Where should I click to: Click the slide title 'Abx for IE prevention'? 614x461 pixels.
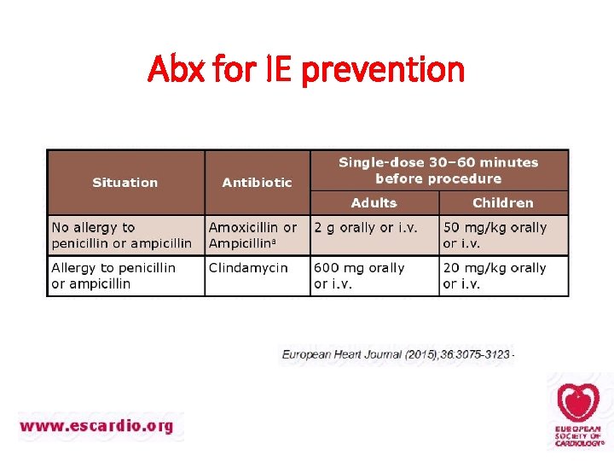(306, 68)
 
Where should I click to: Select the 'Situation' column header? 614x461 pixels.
(125, 182)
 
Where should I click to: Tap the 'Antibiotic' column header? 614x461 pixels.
(257, 182)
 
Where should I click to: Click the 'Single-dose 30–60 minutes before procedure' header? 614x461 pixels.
(438, 170)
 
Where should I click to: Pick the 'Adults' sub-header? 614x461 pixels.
(374, 202)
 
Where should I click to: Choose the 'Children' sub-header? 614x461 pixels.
(503, 202)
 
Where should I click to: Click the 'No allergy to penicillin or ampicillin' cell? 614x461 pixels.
(122, 235)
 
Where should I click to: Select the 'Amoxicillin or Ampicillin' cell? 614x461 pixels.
(253, 235)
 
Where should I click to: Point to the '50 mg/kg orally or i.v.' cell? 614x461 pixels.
(495, 235)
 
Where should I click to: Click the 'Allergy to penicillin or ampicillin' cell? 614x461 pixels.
(113, 275)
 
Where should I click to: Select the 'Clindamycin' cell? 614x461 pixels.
(248, 267)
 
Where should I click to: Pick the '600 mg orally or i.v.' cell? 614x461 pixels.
(359, 275)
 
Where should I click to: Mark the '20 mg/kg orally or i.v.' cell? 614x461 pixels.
(495, 275)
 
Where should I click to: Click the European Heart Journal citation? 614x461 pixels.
(397, 353)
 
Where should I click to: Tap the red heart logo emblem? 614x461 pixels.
(578, 402)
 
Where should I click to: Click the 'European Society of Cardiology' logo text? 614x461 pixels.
(578, 435)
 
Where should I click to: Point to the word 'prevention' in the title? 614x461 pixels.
(382, 68)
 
